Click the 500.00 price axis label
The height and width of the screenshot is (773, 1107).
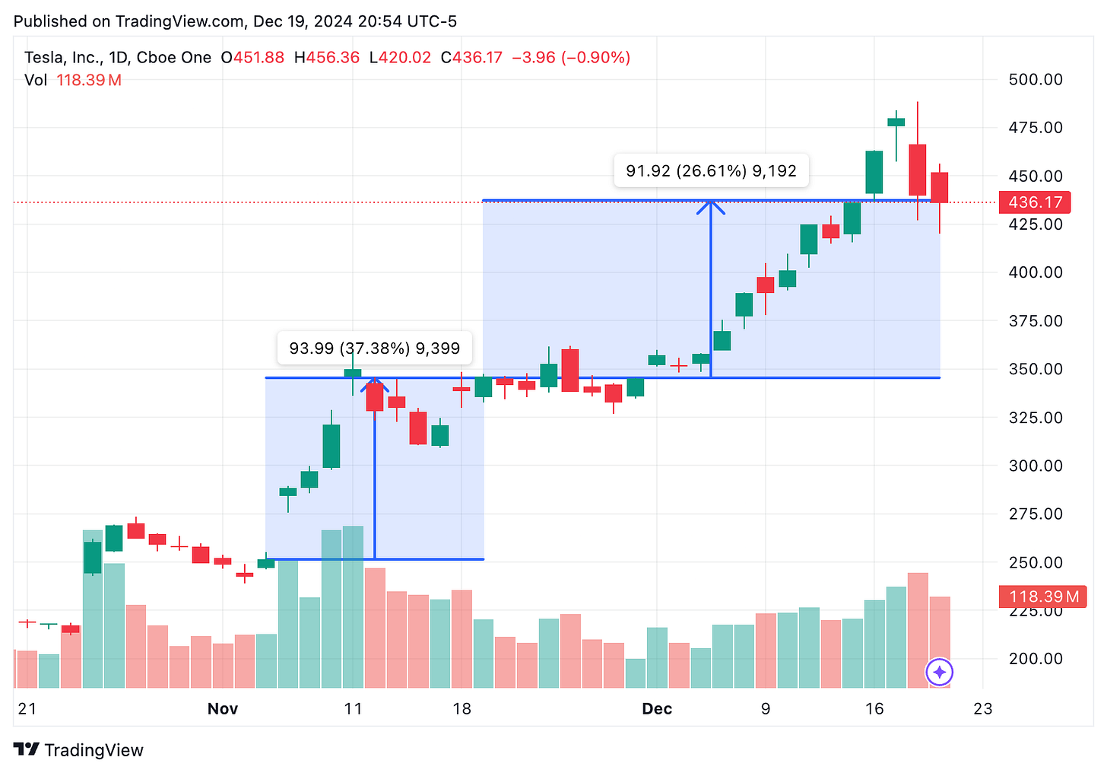(x=1035, y=79)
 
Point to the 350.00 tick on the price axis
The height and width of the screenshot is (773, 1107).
(x=1035, y=369)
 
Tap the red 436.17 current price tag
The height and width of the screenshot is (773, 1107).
(x=1035, y=202)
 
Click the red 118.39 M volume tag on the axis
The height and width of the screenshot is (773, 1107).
(x=1042, y=596)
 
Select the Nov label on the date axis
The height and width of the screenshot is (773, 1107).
(x=223, y=709)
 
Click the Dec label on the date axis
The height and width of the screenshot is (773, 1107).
(x=657, y=709)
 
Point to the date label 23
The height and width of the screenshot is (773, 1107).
(x=983, y=709)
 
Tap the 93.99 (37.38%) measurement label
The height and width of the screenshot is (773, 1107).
(x=374, y=348)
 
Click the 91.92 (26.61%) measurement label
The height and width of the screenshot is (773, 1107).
(x=711, y=171)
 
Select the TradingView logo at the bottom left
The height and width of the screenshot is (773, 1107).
(x=79, y=750)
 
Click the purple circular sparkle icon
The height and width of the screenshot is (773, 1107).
(x=940, y=673)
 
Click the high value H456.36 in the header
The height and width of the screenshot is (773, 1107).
(x=327, y=58)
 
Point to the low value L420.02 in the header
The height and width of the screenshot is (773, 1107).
(x=400, y=58)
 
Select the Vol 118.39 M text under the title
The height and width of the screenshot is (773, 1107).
(x=73, y=80)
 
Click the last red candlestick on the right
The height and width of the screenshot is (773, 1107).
(x=940, y=187)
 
